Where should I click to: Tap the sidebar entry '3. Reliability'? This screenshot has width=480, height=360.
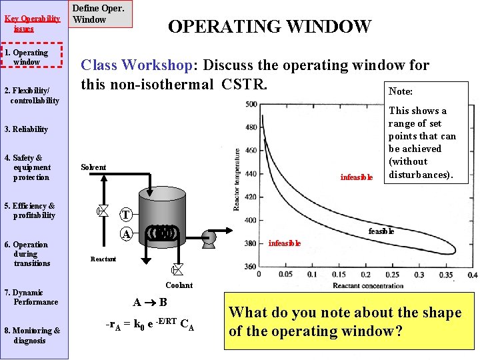[26, 129]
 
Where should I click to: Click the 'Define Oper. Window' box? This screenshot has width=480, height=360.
[97, 14]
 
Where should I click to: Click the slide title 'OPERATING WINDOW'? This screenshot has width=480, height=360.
[269, 27]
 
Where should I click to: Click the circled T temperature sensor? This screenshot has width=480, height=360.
[125, 215]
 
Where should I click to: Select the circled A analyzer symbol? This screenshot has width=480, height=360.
[125, 234]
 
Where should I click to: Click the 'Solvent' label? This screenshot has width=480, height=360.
[93, 167]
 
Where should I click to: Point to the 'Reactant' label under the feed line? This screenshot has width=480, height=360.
[103, 259]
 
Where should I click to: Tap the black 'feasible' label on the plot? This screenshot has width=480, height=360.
[381, 231]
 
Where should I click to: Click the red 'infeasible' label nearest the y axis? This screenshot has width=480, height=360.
[285, 243]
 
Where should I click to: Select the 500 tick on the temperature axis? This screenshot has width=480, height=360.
[251, 104]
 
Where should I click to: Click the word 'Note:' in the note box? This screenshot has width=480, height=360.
[401, 91]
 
